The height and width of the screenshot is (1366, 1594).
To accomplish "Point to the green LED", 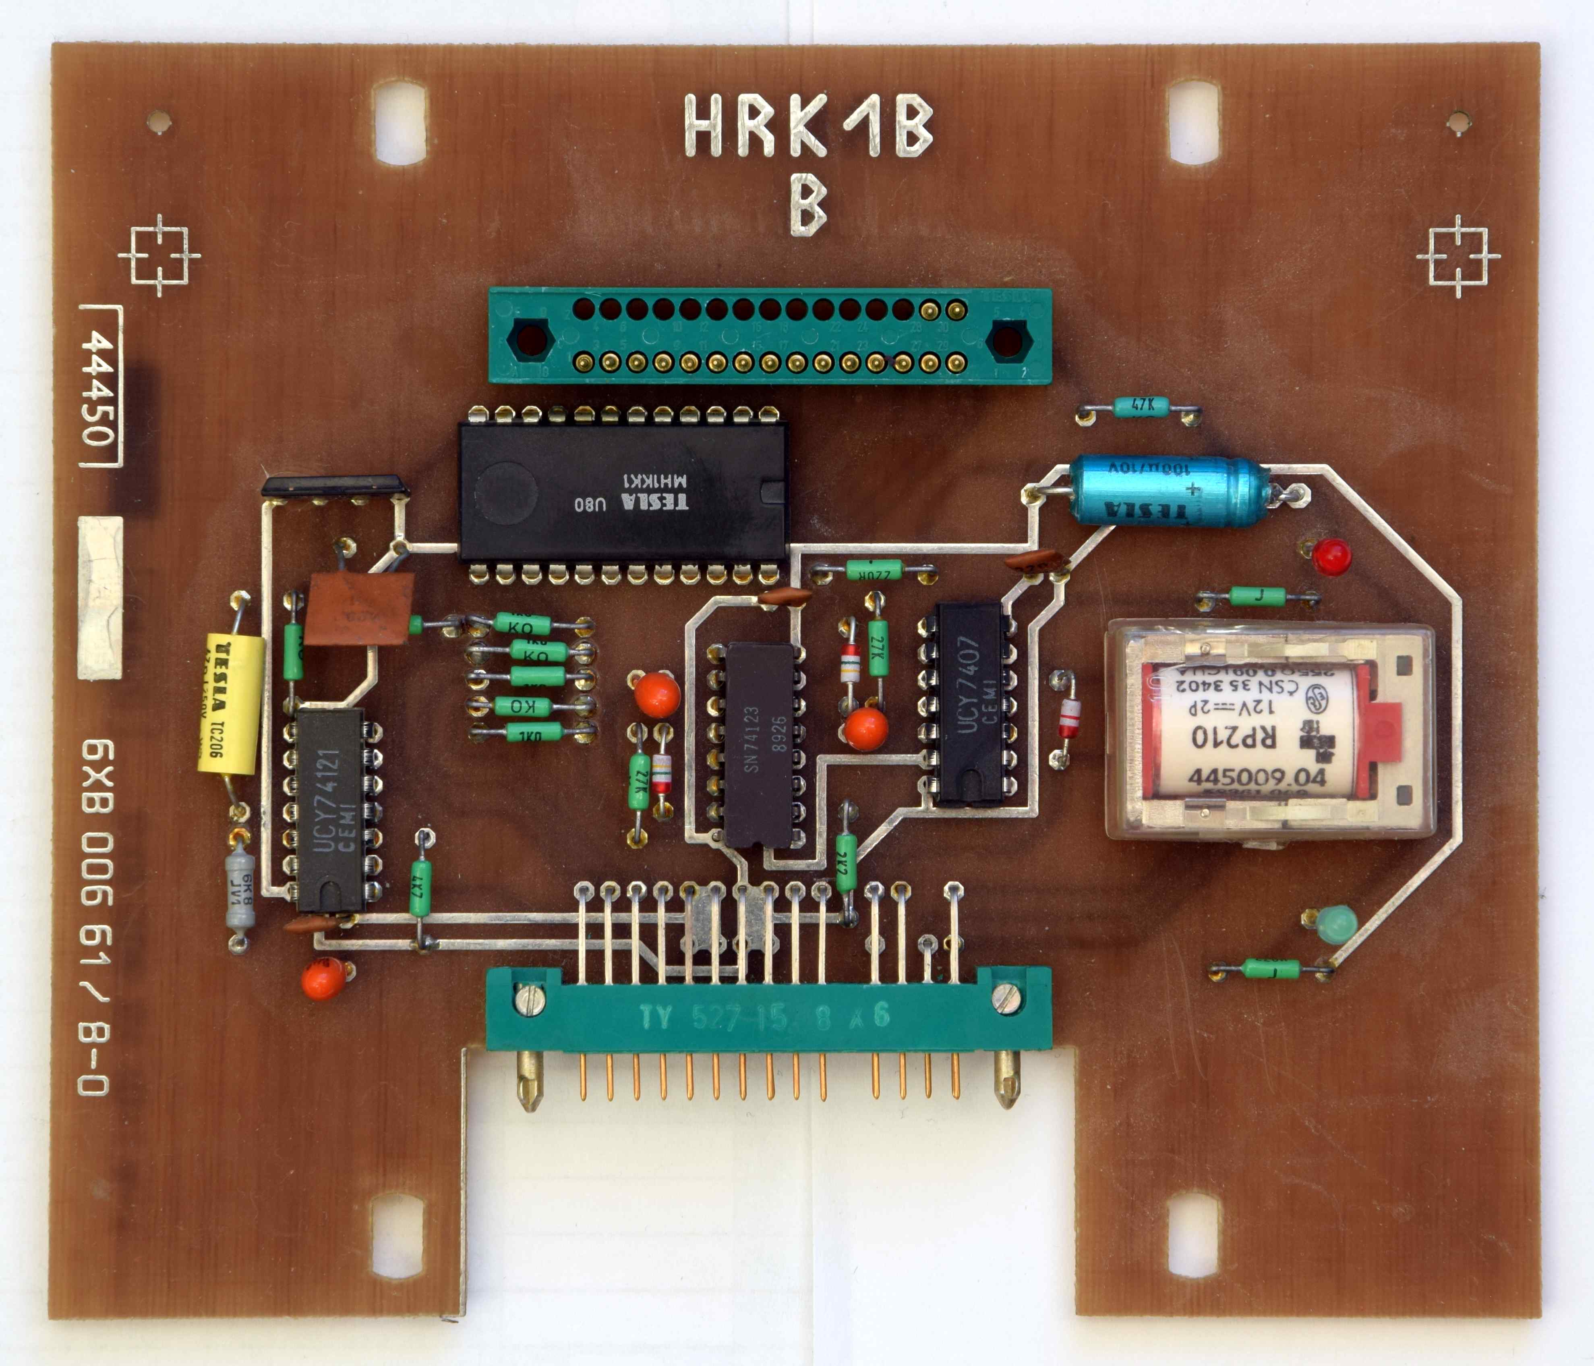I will point(1336,924).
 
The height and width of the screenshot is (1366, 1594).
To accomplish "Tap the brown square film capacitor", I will point(359,608).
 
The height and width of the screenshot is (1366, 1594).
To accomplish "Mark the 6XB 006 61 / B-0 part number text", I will point(96,916).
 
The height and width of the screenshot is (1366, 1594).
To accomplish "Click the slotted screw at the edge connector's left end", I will point(531,1001).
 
